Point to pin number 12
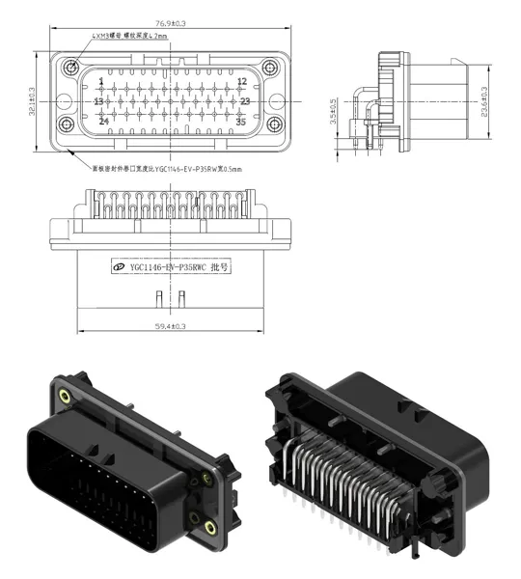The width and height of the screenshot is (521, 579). [x=242, y=81]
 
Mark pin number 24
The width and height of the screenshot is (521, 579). [x=103, y=122]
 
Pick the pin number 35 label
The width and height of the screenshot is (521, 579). [x=242, y=122]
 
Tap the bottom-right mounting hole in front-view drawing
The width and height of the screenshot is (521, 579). [x=273, y=124]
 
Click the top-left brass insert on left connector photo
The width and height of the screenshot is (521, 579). [x=64, y=397]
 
